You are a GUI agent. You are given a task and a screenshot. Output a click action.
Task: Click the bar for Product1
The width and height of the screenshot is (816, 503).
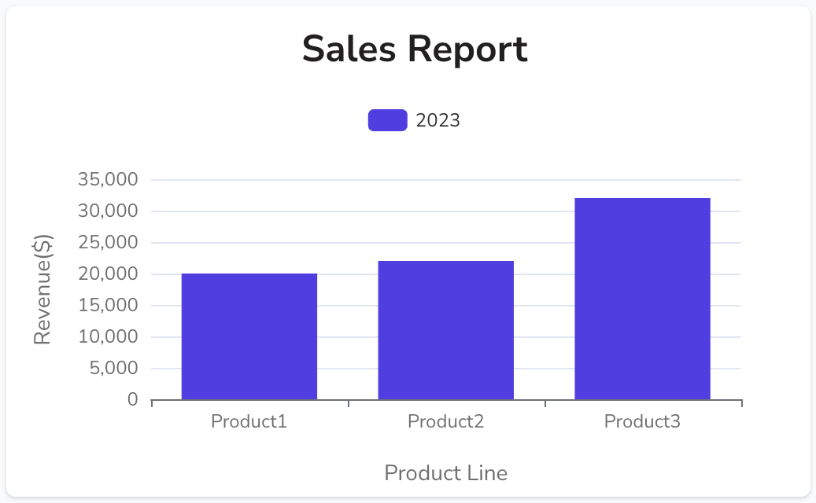pos(249,336)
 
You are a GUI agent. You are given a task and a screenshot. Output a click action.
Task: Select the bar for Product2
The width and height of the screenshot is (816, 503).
pos(445,330)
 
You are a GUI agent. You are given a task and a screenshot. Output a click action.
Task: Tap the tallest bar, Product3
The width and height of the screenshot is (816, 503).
pos(642,299)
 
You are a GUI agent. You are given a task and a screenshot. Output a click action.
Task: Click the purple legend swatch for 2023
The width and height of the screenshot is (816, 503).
pos(387,120)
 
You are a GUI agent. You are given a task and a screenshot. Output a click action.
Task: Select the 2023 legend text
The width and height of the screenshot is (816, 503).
pos(438,120)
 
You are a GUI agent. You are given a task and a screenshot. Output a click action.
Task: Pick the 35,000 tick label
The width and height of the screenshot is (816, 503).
pos(109,180)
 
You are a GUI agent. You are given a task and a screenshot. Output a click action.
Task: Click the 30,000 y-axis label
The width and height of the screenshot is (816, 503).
pos(109,211)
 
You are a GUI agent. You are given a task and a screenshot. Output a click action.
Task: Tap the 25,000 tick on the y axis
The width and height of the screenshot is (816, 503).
pos(109,243)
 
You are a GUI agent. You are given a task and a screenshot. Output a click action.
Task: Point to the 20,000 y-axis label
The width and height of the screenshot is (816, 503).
pos(109,274)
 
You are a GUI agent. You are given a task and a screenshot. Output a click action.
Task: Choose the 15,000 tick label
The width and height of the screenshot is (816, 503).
pos(109,306)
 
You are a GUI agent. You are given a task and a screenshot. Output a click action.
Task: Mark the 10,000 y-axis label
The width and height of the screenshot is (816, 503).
pos(109,337)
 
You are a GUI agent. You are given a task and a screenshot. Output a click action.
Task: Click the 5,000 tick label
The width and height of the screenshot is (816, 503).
pos(114,369)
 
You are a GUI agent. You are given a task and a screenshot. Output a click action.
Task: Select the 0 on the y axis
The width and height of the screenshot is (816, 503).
pos(132,400)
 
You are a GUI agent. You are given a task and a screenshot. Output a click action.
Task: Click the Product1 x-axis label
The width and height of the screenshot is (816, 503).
pos(249,421)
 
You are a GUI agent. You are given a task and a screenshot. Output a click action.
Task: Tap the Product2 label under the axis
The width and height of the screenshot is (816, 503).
pos(445,421)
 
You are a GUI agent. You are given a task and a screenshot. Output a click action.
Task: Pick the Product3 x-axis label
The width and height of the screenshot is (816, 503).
pos(642,421)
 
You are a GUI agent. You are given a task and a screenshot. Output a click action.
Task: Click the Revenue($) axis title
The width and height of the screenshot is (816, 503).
pos(42,290)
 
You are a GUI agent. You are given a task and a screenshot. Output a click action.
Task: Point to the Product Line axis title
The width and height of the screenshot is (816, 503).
pos(445,473)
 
